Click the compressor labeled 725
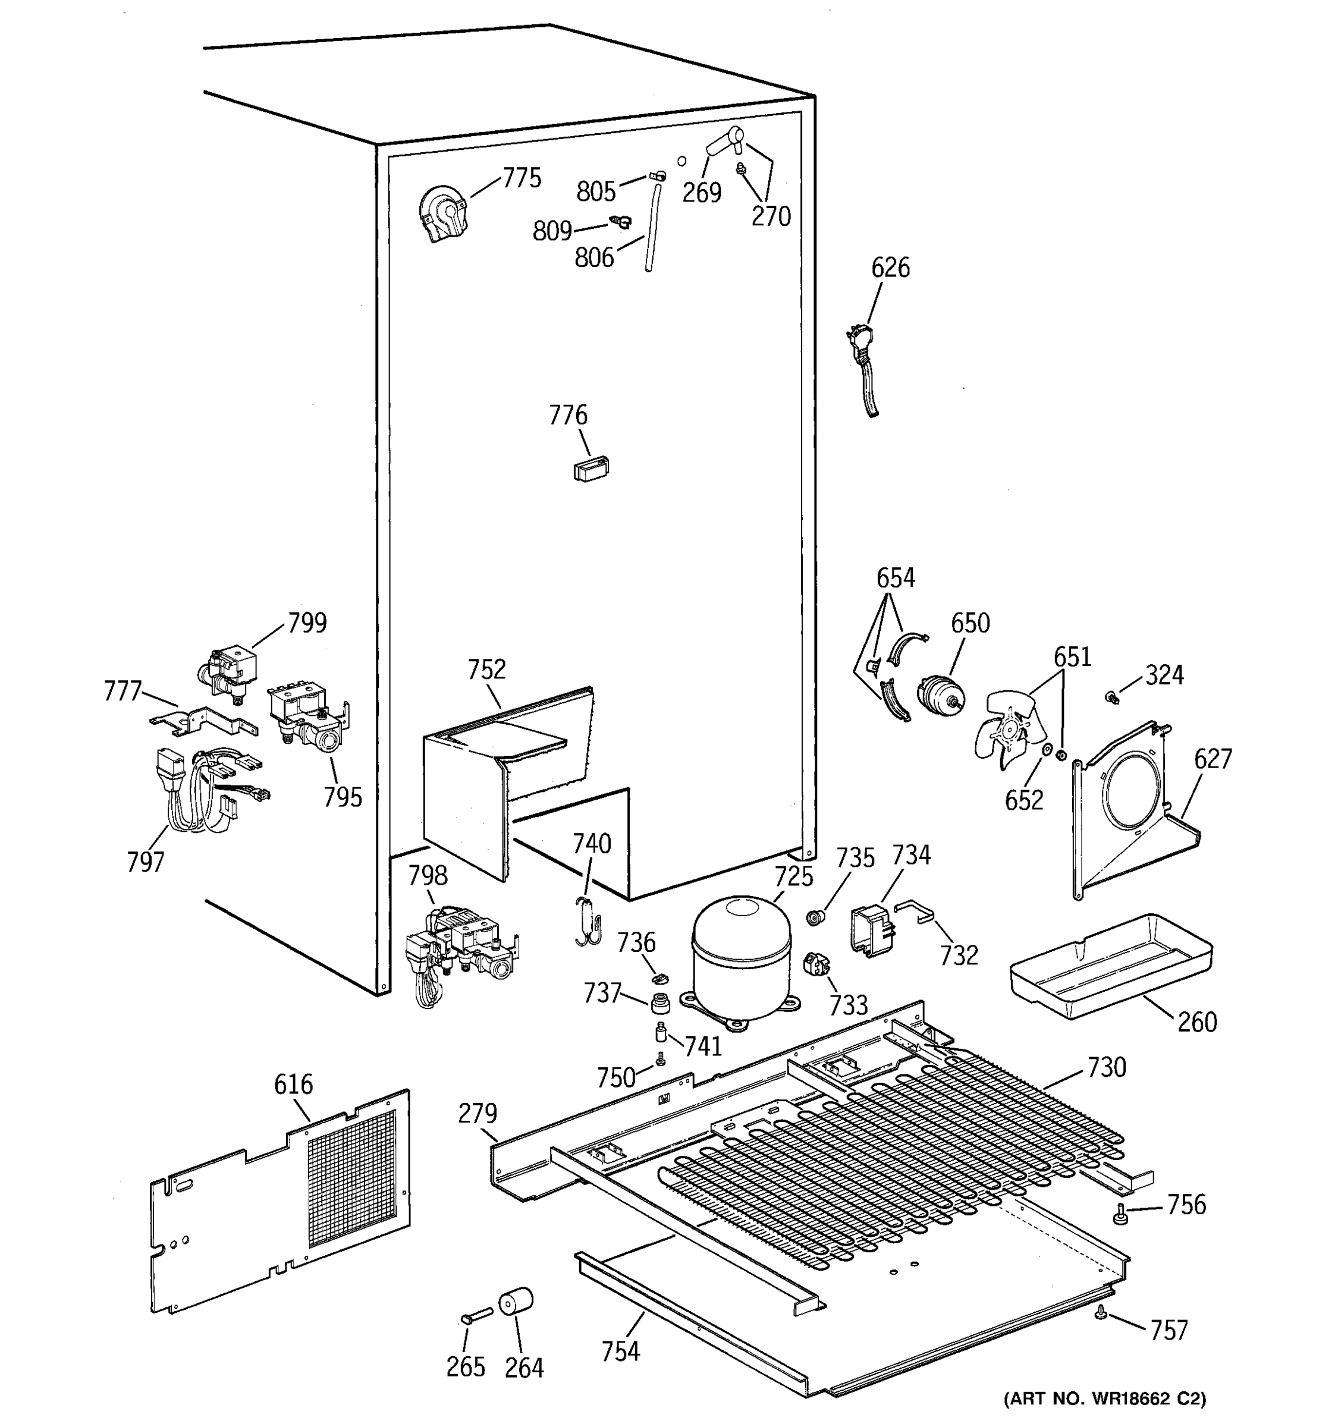tap(740, 955)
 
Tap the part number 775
tap(522, 178)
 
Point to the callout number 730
tap(1106, 1067)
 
